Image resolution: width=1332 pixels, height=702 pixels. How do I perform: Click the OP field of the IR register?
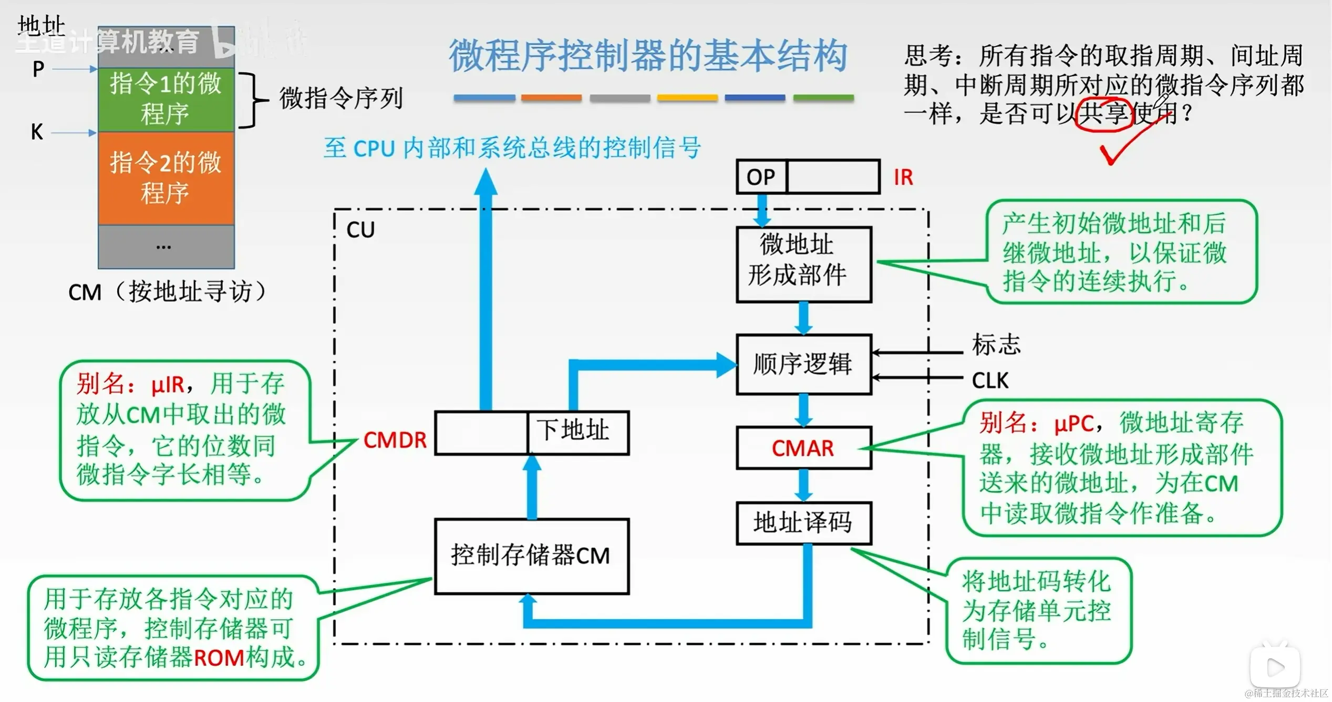click(x=761, y=177)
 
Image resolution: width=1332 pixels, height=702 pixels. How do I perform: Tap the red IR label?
click(x=903, y=177)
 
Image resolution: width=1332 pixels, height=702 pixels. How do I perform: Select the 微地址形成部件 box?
click(x=803, y=264)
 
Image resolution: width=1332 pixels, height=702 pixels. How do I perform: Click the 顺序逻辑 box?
click(x=803, y=364)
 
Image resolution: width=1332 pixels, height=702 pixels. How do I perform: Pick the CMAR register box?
click(x=803, y=448)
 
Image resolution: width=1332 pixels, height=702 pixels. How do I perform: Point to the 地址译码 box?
click(x=803, y=523)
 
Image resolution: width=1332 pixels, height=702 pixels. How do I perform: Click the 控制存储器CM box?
click(x=531, y=556)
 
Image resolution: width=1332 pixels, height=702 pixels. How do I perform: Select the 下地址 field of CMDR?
click(x=577, y=432)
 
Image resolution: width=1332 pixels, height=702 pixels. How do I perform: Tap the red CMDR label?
click(x=395, y=440)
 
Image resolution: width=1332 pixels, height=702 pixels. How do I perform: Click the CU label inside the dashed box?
click(x=360, y=230)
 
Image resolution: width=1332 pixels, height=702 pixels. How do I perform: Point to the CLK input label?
click(x=990, y=381)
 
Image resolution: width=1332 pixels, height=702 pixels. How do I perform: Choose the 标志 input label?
click(x=996, y=345)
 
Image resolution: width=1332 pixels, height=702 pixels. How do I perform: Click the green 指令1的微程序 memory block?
click(x=166, y=99)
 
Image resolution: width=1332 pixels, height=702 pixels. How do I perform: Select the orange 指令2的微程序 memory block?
click(x=166, y=177)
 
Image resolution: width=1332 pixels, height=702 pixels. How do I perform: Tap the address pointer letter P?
click(x=38, y=69)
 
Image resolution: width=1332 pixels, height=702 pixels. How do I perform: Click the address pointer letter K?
click(x=37, y=132)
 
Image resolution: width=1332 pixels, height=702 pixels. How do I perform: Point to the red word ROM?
click(x=219, y=658)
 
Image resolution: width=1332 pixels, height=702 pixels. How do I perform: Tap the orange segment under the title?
click(x=551, y=98)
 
